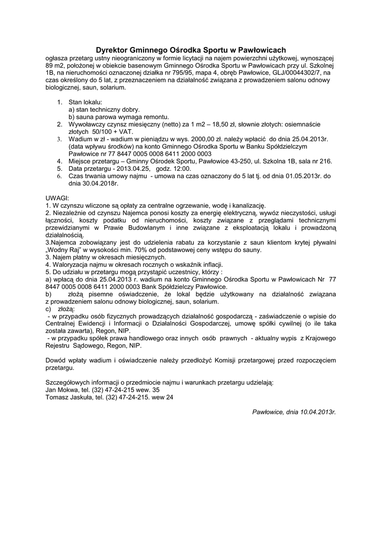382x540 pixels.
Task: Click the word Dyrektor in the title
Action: point(118,49)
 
